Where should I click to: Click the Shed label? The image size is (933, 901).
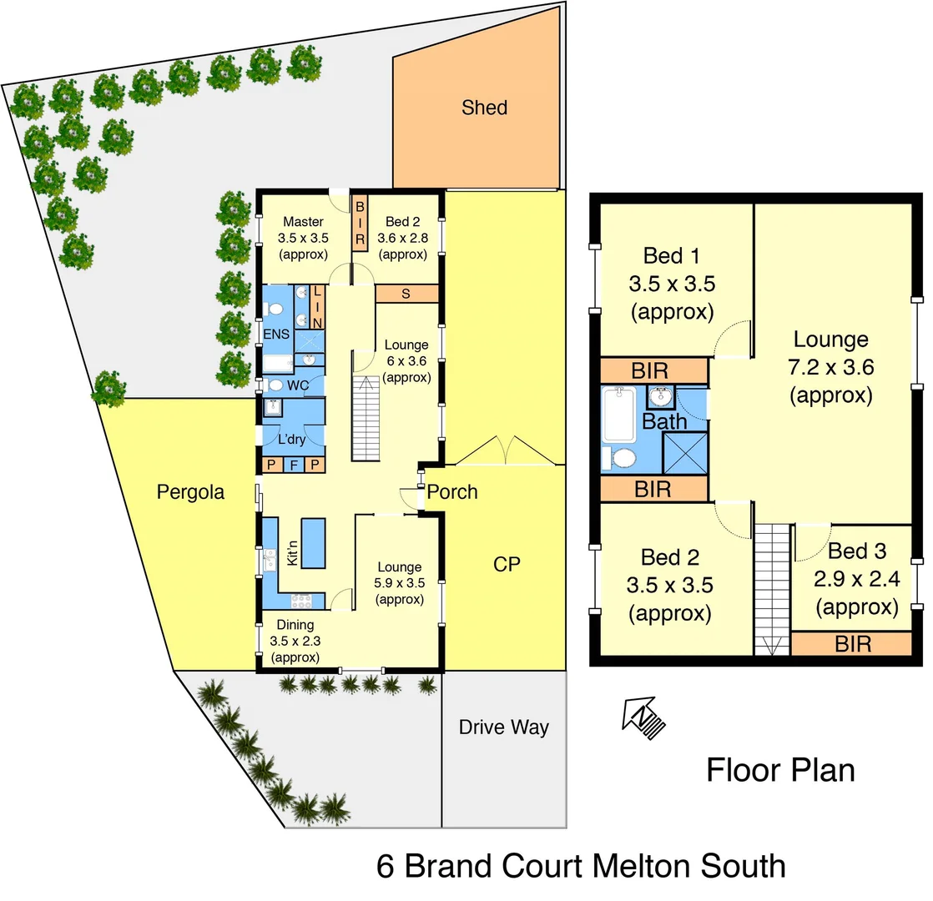tap(484, 108)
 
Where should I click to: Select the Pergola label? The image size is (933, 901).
tap(190, 492)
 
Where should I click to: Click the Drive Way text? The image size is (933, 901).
tap(504, 727)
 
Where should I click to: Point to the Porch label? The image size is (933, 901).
tap(452, 492)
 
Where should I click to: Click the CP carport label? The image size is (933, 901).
tap(507, 564)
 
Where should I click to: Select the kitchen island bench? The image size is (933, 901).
tap(313, 542)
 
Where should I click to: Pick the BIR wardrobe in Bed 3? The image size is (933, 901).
tap(851, 643)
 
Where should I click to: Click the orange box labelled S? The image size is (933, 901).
tap(406, 294)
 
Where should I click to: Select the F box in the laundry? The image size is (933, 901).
tap(293, 466)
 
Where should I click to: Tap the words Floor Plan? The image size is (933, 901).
tap(780, 769)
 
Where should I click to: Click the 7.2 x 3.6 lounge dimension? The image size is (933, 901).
tap(830, 367)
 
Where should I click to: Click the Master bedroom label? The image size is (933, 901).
tap(303, 222)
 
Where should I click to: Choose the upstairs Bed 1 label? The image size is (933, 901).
tap(672, 255)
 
